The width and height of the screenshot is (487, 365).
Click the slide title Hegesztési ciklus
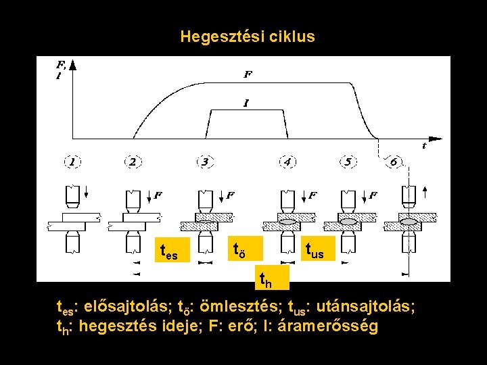tap(248, 36)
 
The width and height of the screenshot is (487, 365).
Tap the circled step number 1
tap(72, 162)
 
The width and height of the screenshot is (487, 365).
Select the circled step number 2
tap(133, 162)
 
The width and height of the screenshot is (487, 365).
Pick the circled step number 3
tap(205, 162)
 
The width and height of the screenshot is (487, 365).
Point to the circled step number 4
tap(287, 162)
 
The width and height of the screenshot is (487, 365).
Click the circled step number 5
tap(348, 162)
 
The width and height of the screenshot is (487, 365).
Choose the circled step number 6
tap(393, 162)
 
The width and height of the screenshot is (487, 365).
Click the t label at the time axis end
tap(424, 145)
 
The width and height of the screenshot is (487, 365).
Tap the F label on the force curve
tap(248, 74)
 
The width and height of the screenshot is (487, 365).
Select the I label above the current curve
tap(246, 103)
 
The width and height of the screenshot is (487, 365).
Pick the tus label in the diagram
tap(315, 251)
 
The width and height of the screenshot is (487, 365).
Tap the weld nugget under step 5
tap(349, 221)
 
